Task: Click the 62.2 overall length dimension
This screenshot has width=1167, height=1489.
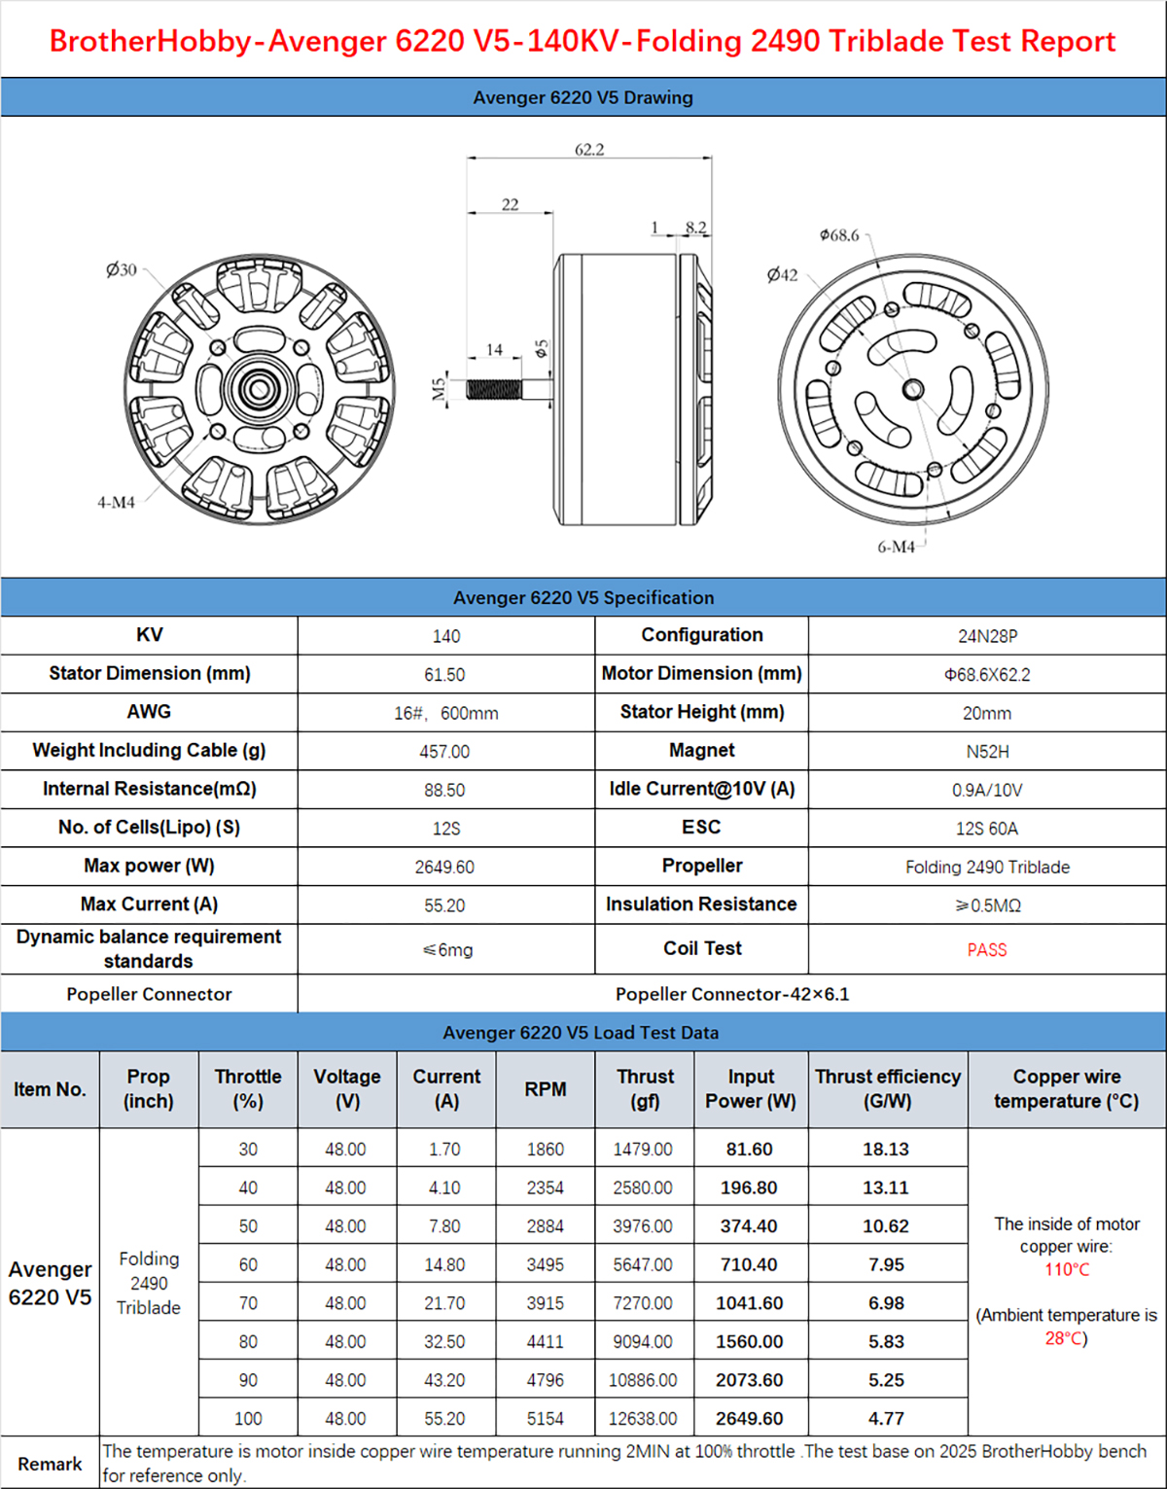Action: pos(589,150)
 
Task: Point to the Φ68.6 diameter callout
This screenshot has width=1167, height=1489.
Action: pos(839,235)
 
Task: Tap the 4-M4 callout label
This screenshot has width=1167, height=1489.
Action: pos(116,503)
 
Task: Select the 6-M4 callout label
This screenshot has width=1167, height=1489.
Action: pos(896,548)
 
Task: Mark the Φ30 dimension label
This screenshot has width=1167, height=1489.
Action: pos(122,269)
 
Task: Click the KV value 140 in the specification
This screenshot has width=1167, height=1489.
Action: pos(446,636)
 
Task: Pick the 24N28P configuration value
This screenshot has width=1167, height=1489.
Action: pos(987,636)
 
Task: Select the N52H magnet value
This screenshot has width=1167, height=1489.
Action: pos(987,752)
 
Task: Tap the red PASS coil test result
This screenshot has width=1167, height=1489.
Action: pos(987,950)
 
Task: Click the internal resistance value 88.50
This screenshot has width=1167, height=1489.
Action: pos(444,791)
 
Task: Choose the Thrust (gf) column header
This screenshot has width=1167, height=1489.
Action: pos(645,1089)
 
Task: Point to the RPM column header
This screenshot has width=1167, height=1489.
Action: pos(546,1089)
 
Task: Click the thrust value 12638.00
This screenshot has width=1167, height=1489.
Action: pos(643,1419)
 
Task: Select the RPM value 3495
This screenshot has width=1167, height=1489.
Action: pos(546,1265)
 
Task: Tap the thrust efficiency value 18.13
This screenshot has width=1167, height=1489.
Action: pos(886,1150)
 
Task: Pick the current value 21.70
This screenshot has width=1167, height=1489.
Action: pos(444,1303)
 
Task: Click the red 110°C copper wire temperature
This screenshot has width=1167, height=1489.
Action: pos(1067,1269)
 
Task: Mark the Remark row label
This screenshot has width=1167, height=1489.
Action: pos(50,1464)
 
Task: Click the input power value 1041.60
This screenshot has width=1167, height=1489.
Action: pos(749,1303)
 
